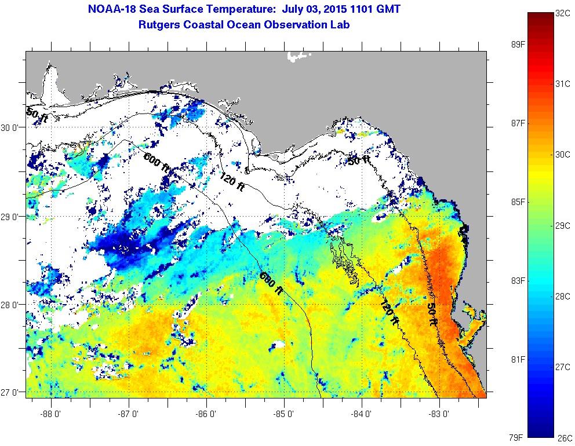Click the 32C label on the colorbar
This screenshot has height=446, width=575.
pyautogui.click(x=561, y=13)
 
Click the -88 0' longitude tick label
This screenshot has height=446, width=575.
pyautogui.click(x=51, y=414)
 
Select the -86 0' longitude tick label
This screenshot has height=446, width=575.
pyautogui.click(x=206, y=414)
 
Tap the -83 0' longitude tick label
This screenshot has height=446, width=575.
pyautogui.click(x=439, y=414)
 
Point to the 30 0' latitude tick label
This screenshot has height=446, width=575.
pyautogui.click(x=12, y=128)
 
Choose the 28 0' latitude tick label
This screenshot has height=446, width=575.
pyautogui.click(x=12, y=304)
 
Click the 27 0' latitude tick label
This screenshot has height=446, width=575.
pyautogui.click(x=12, y=392)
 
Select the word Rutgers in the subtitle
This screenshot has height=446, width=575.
pyautogui.click(x=158, y=25)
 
